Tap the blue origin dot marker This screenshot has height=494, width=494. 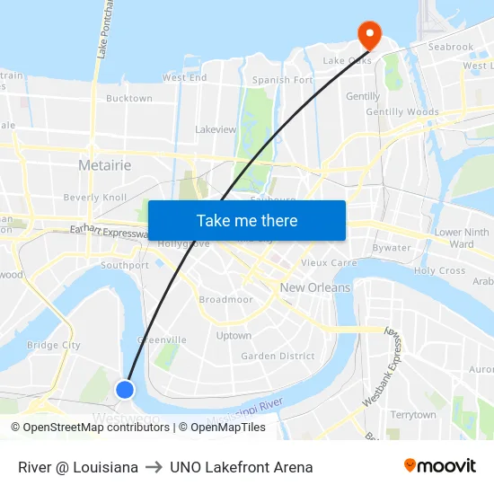click(x=125, y=389)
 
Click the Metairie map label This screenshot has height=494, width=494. click(x=104, y=165)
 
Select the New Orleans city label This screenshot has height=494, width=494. click(x=315, y=287)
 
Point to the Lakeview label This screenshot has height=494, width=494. click(x=216, y=129)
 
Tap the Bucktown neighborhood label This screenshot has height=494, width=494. click(x=129, y=99)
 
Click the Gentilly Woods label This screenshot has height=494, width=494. click(x=402, y=112)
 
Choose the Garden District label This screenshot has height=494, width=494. click(x=278, y=356)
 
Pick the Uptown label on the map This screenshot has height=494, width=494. click(x=234, y=336)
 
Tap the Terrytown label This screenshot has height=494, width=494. click(x=412, y=415)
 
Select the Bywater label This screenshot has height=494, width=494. click(x=391, y=248)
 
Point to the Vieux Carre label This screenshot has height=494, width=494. click(x=328, y=263)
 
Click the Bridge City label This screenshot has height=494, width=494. click(x=54, y=345)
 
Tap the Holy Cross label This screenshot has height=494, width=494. click(x=439, y=270)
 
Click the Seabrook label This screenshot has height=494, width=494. click(x=450, y=47)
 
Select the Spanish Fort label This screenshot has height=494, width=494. click(x=282, y=80)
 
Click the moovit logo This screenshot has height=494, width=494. click(x=439, y=466)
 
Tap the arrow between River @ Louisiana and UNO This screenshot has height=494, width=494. click(x=154, y=467)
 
